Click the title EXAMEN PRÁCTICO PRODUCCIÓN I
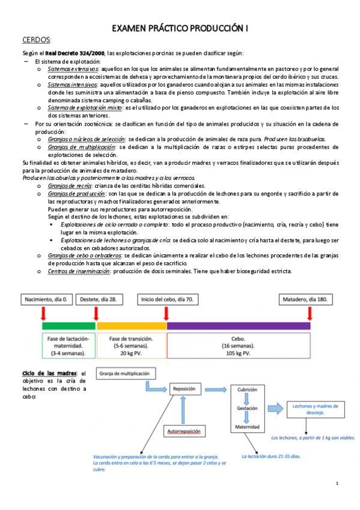(x=180, y=28)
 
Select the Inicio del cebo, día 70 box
(x=167, y=299)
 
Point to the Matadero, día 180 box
(x=310, y=299)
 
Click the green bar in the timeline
(x=69, y=325)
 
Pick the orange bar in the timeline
(x=132, y=325)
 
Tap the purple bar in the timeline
(x=239, y=325)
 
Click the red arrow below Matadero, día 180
(x=310, y=313)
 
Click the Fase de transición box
(x=132, y=346)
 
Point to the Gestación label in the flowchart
(x=247, y=408)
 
